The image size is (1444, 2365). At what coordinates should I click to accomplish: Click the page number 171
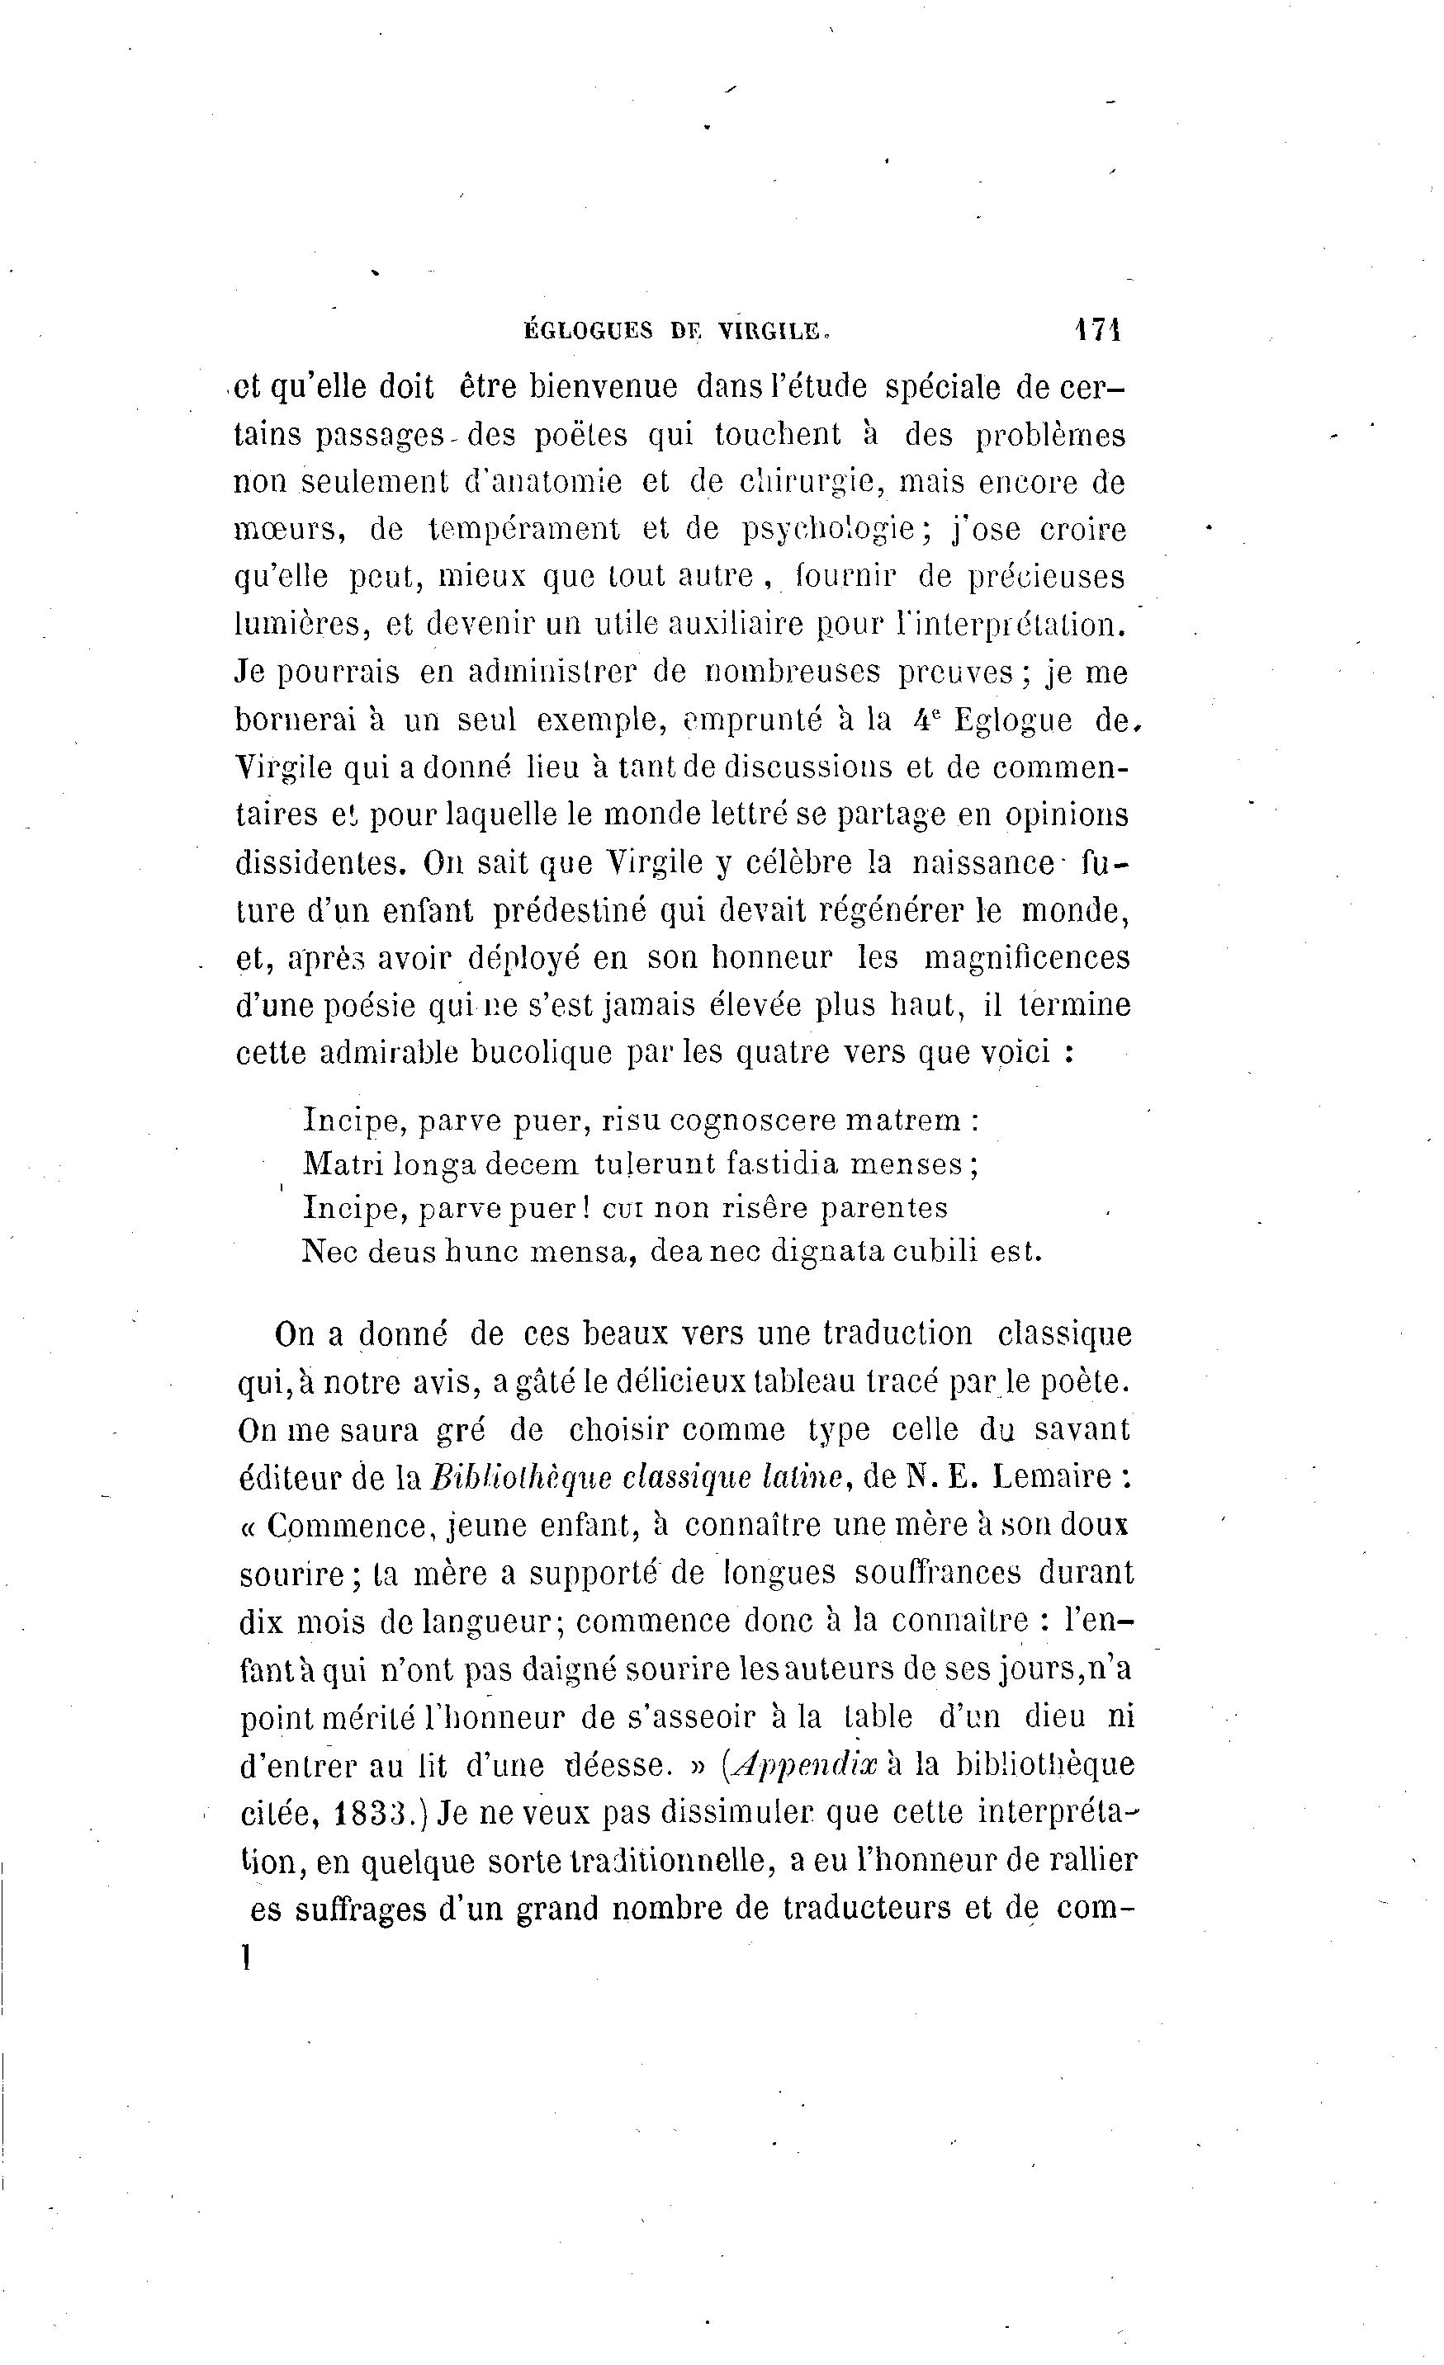pyautogui.click(x=1097, y=330)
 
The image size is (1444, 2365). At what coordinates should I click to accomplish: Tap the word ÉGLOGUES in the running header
pyautogui.click(x=588, y=331)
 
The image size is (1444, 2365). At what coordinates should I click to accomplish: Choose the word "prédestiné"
pyautogui.click(x=566, y=910)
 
